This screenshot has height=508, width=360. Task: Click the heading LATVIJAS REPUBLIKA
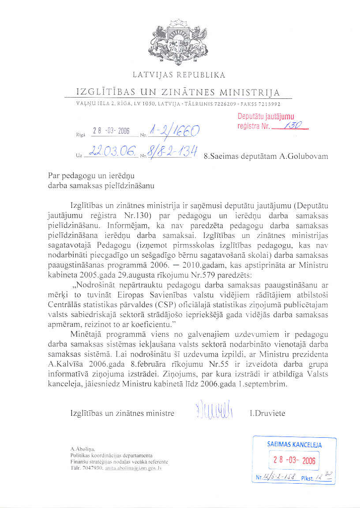(x=179, y=75)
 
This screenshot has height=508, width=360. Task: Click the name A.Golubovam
(x=304, y=156)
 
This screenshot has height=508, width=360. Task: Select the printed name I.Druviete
(x=267, y=414)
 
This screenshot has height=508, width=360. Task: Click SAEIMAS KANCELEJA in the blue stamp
(x=294, y=445)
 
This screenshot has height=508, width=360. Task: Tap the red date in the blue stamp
(x=294, y=460)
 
